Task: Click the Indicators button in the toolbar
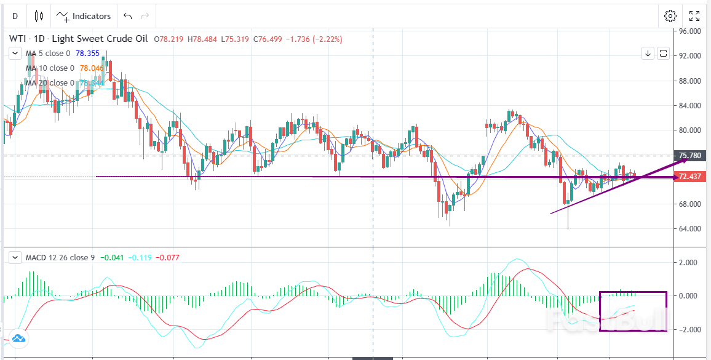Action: (x=84, y=16)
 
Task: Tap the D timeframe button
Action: (x=15, y=16)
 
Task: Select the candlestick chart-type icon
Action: (x=39, y=16)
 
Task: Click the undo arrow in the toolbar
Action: (x=127, y=16)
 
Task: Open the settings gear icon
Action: (x=670, y=16)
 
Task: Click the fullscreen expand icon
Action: (x=694, y=16)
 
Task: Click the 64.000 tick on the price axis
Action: (x=686, y=229)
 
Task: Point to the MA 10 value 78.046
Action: (x=92, y=68)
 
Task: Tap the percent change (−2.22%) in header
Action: (x=333, y=39)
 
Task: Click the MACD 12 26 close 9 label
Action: (x=59, y=257)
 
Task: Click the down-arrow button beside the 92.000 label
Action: (x=648, y=54)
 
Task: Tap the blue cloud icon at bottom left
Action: (x=18, y=338)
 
